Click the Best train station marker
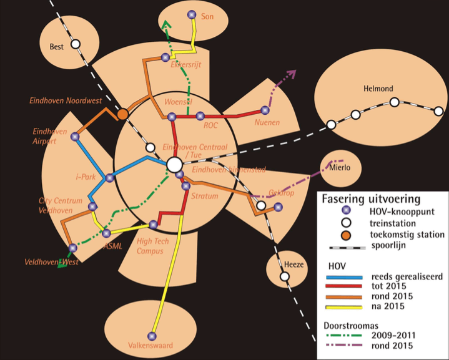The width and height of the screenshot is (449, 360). (76, 44)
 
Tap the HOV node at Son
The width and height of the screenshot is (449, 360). (191, 15)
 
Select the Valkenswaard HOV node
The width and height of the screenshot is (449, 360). (152, 336)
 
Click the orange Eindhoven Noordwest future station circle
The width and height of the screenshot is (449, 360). (123, 114)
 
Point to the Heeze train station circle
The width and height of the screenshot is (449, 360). (285, 276)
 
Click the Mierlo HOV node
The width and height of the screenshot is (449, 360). (331, 165)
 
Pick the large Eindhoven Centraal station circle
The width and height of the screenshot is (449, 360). (174, 165)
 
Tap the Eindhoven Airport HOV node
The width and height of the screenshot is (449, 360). (75, 137)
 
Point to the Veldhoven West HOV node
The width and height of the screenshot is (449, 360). (72, 248)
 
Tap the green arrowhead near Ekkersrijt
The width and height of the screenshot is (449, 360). (165, 25)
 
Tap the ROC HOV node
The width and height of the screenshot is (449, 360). (200, 115)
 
